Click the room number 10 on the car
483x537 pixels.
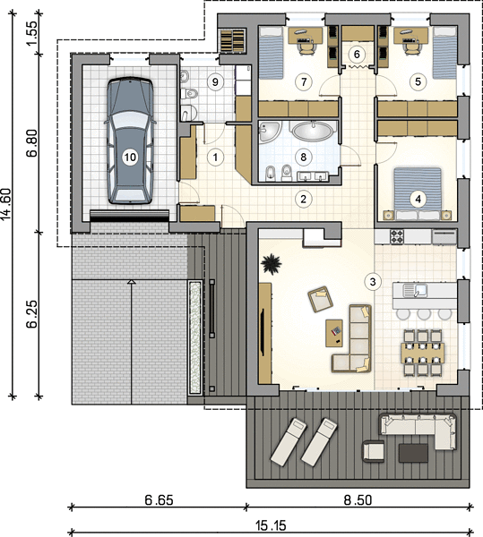tap(130, 158)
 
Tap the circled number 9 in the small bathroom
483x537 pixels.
tap(215, 81)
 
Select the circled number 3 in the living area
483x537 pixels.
tap(373, 282)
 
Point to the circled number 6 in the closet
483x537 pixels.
tap(357, 54)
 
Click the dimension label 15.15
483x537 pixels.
tap(271, 525)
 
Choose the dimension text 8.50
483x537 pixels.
tap(358, 500)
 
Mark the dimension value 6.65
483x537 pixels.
tap(159, 500)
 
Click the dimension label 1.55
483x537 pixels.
tap(32, 33)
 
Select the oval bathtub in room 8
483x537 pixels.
tap(313, 131)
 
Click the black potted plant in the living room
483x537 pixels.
tap(272, 264)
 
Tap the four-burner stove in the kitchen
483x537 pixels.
tap(397, 237)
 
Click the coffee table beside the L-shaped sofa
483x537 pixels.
tap(334, 333)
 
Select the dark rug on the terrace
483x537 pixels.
tap(413, 453)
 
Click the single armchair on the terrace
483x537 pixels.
tap(374, 451)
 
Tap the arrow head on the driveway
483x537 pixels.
tap(132, 282)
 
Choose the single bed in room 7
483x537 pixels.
tap(272, 53)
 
